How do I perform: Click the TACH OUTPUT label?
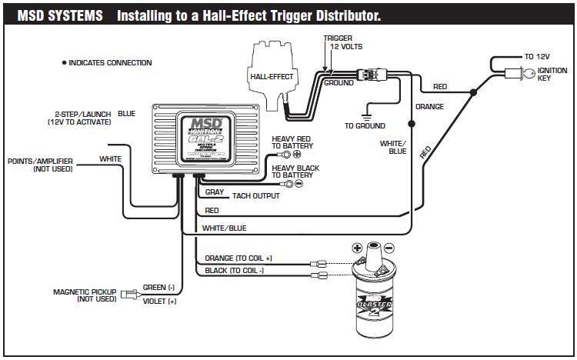256,196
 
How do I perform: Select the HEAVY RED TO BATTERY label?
293,142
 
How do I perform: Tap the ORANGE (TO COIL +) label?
238,258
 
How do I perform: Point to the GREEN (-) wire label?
159,287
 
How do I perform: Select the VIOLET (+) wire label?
160,301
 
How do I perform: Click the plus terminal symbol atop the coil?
357,248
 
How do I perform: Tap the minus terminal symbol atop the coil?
389,248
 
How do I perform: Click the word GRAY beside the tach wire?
215,192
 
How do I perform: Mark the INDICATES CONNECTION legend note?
108,63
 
